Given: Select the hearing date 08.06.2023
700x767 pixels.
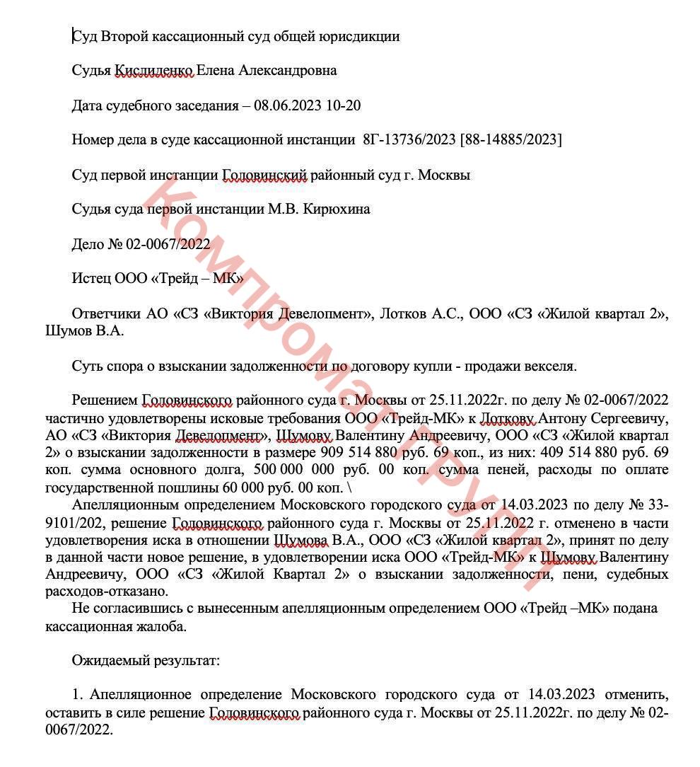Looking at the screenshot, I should pos(287,105).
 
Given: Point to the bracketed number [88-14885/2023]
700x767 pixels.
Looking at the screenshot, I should pos(511,140).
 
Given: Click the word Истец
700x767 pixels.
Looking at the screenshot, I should pos(90,279).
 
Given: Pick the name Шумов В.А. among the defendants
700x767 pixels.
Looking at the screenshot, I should pos(84,330).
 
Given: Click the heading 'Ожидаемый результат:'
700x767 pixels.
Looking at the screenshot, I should pos(146,661).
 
